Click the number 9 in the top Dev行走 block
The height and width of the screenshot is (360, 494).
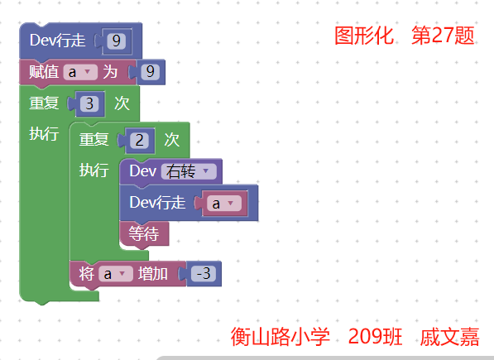click(116, 41)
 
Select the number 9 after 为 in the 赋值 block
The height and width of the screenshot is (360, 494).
click(151, 72)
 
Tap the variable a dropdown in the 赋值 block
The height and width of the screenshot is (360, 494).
click(80, 72)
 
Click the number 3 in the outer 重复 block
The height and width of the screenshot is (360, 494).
click(89, 103)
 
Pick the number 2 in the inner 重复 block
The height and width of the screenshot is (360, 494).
click(139, 140)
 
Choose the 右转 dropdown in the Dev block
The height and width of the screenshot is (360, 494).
click(189, 171)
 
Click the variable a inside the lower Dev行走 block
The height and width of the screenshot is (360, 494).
click(224, 203)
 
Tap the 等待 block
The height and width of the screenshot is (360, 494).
click(144, 233)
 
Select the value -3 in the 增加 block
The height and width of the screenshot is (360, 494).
click(204, 273)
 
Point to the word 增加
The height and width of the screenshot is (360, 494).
click(153, 273)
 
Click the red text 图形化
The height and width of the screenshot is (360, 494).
click(364, 36)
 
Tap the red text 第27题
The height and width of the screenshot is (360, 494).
click(443, 36)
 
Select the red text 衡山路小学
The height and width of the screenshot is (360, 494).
click(280, 337)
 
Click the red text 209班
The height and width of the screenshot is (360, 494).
click(375, 337)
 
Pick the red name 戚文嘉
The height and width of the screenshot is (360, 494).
click(449, 337)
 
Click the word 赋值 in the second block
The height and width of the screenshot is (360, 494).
click(44, 72)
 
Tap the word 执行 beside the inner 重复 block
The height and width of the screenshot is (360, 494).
click(94, 170)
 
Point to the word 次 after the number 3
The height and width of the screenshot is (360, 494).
click(122, 103)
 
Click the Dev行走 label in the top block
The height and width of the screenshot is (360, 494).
click(58, 41)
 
